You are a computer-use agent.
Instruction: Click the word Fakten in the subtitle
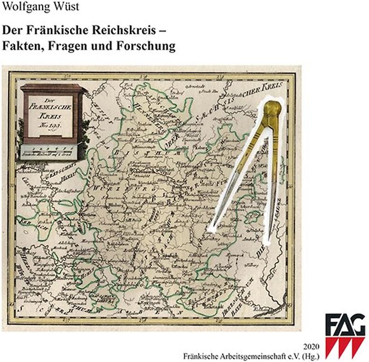coord(22,47)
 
